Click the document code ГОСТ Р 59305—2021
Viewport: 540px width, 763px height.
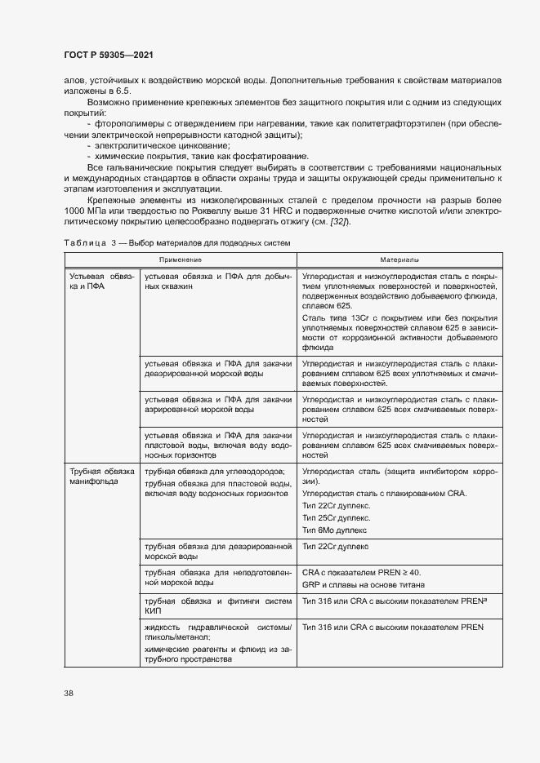point(109,55)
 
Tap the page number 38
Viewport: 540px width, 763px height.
point(69,693)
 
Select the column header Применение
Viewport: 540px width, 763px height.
point(181,259)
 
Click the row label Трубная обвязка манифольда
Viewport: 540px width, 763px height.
point(101,476)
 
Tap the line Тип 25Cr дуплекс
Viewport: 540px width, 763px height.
point(336,517)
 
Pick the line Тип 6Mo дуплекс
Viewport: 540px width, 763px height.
point(336,529)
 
